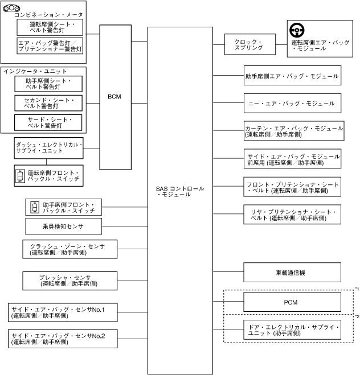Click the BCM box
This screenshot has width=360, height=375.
point(116,97)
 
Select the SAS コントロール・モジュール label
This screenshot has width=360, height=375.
point(180,191)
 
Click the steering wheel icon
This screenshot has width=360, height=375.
point(297,31)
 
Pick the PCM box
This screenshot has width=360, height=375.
point(292,302)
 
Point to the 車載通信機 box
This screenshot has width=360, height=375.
point(292,273)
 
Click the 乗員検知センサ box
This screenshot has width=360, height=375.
point(63,226)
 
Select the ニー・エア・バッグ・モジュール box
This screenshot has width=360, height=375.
point(292,104)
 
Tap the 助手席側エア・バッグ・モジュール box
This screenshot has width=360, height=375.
point(292,75)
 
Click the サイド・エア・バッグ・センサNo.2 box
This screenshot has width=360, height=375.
point(63,339)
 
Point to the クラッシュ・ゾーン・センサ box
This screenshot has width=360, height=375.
point(63,249)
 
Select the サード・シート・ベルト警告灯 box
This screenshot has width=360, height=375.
point(48,122)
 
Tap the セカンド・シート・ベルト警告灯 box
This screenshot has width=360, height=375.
point(48,103)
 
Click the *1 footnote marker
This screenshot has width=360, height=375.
point(357,289)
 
